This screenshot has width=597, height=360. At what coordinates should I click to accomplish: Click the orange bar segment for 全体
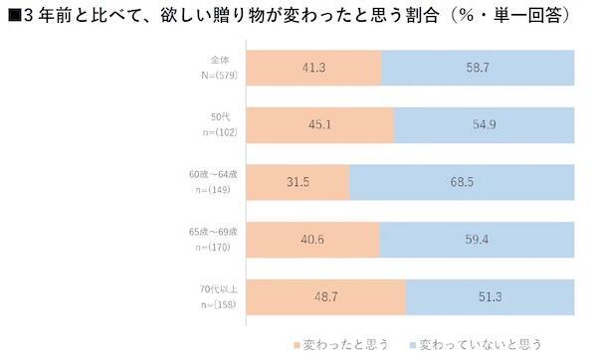point(312,69)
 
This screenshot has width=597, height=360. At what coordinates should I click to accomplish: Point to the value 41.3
point(313,69)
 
